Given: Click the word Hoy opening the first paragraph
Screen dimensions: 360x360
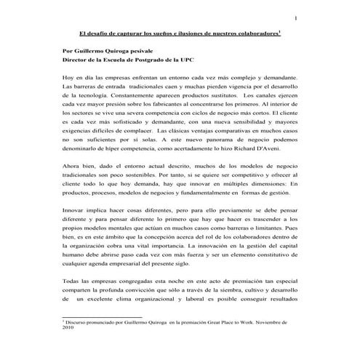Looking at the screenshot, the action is pyautogui.click(x=69, y=76).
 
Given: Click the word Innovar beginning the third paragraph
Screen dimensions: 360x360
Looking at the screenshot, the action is pyautogui.click(x=76, y=209).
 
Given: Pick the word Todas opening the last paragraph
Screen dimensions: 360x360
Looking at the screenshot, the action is pyautogui.click(x=73, y=280).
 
